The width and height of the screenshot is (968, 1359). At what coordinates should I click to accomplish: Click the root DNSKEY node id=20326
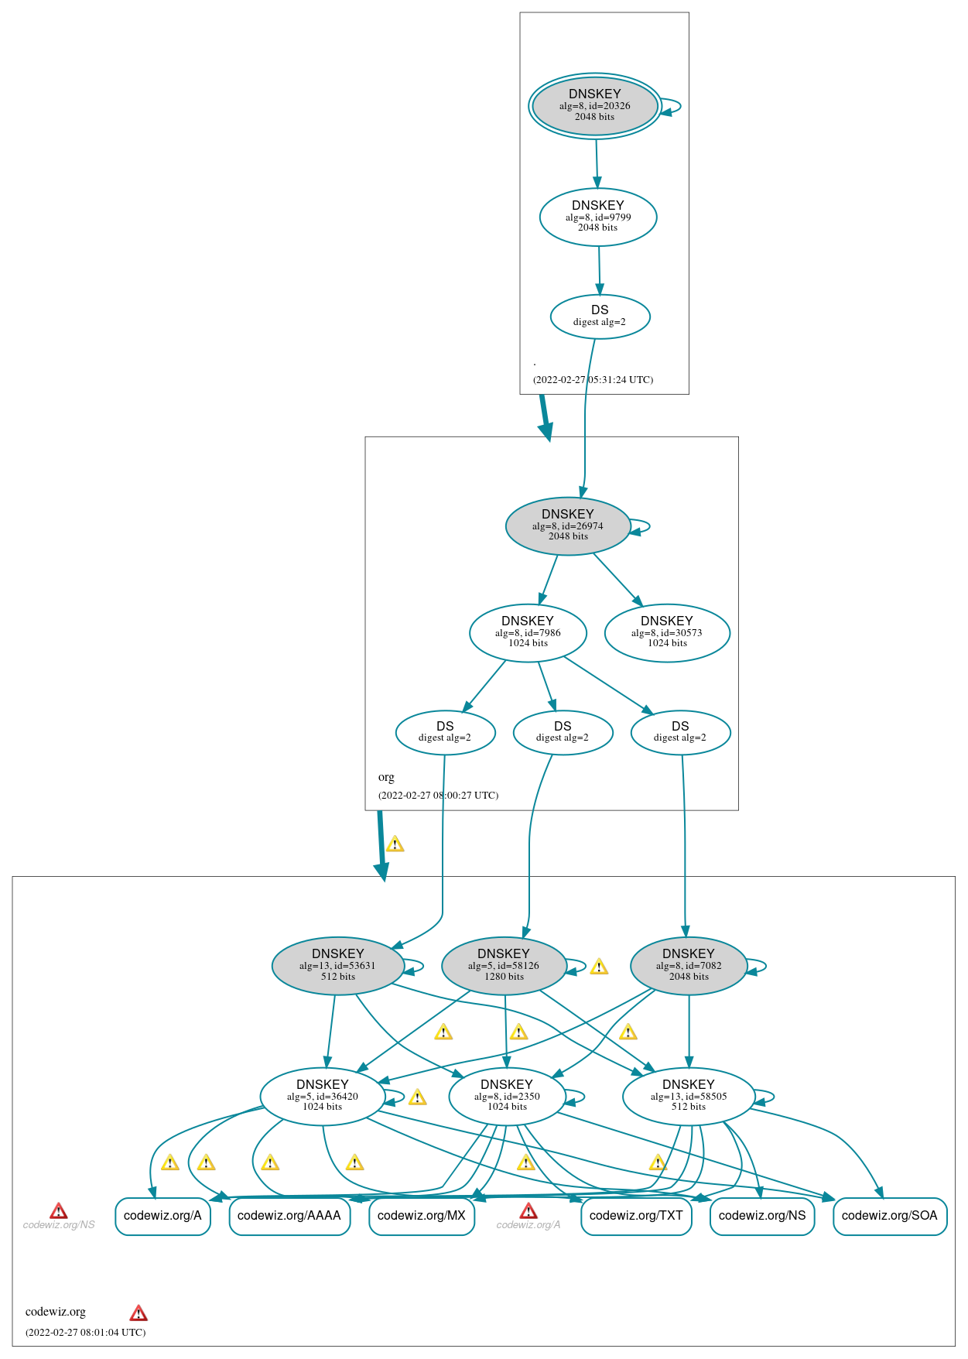coord(594,106)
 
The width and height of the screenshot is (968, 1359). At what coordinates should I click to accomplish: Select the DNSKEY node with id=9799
coord(597,217)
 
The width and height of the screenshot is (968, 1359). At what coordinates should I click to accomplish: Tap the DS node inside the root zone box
coord(600,317)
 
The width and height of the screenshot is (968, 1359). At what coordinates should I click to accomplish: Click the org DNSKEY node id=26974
coord(567,526)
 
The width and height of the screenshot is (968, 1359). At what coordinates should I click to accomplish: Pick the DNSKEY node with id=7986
coord(528,633)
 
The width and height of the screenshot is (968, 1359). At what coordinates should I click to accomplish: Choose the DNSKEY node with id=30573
coord(667,633)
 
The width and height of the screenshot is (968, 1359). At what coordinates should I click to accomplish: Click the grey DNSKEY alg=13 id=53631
coord(338,966)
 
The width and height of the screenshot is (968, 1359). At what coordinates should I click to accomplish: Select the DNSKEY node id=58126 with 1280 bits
coord(504,966)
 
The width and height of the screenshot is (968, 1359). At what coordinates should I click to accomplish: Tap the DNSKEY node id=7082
coord(689,966)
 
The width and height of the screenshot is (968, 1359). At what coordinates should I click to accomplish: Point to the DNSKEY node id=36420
coord(323,1097)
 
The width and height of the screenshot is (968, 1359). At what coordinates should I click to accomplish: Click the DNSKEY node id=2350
coord(507,1097)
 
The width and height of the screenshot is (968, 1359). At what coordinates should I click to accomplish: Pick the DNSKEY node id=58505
coord(689,1097)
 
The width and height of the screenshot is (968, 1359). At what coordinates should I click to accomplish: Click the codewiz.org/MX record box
coord(422,1216)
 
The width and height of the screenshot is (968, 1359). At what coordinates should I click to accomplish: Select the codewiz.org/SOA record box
coord(889,1216)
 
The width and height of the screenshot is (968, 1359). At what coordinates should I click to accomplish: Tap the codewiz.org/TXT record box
coord(636,1216)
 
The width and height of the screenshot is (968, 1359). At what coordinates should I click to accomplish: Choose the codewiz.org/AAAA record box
coord(289,1216)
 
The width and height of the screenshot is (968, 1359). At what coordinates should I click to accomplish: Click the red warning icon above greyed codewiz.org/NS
coord(59,1211)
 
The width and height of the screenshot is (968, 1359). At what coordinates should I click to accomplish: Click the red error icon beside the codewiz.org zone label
coord(139,1313)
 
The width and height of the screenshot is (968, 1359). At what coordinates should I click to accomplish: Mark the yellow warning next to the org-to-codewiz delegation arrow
coord(395,844)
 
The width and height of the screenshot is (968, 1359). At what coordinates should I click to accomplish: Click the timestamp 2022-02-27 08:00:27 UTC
coord(438,796)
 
